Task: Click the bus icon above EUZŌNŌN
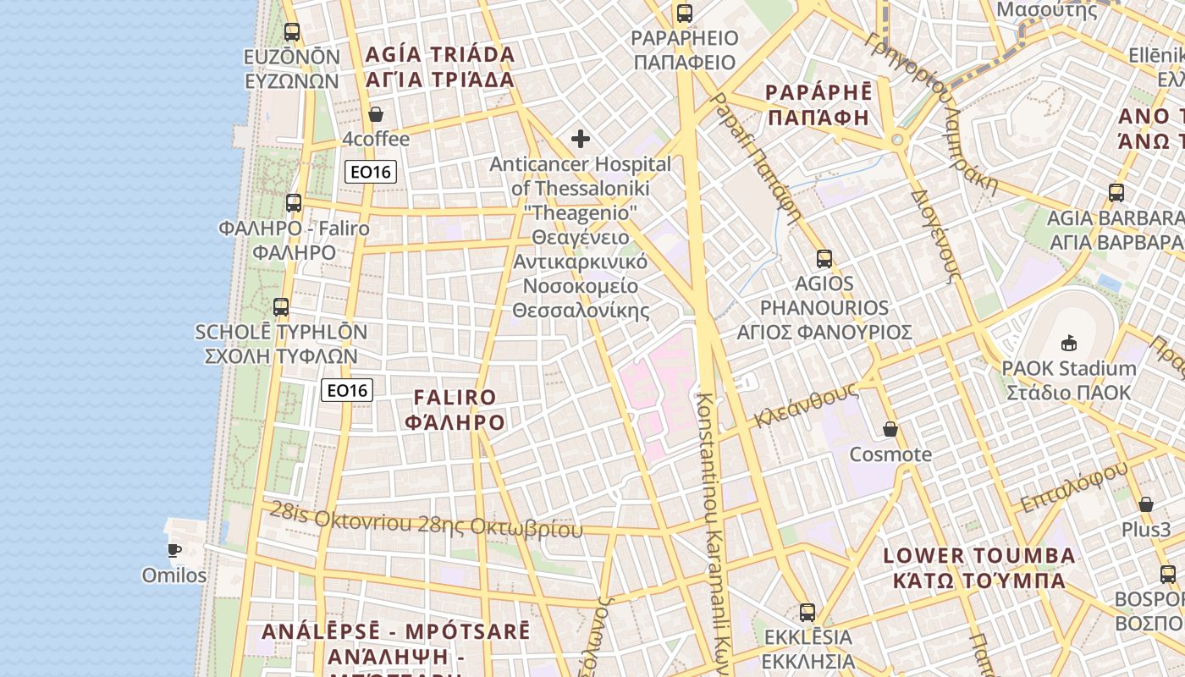[292, 32]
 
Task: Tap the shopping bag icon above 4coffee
[376, 114]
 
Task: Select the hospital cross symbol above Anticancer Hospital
[581, 138]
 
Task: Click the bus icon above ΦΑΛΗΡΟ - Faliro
[294, 203]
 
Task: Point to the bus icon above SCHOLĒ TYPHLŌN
[281, 307]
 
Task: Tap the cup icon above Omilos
[174, 550]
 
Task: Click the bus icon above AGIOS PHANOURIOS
[824, 259]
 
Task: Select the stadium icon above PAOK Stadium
[1068, 344]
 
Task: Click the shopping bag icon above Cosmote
[890, 429]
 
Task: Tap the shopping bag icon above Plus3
[1146, 505]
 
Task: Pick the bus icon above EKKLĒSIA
[807, 612]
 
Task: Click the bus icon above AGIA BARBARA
[1116, 193]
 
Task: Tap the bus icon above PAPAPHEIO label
[685, 14]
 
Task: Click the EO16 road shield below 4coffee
[371, 172]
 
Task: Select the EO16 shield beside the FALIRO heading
[348, 390]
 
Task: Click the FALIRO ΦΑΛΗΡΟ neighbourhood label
[455, 410]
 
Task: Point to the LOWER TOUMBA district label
[979, 568]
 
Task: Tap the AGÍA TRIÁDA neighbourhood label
[440, 67]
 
